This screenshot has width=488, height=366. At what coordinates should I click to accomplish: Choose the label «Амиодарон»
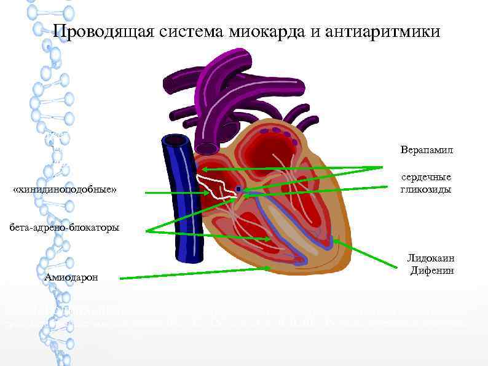click(71, 277)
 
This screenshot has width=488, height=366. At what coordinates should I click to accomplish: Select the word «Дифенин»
click(431, 271)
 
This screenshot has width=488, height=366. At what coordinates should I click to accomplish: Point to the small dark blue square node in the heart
click(238, 188)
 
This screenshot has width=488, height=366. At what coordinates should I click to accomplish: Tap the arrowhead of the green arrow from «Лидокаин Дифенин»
click(336, 242)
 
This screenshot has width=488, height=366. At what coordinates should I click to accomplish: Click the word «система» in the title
click(195, 31)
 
